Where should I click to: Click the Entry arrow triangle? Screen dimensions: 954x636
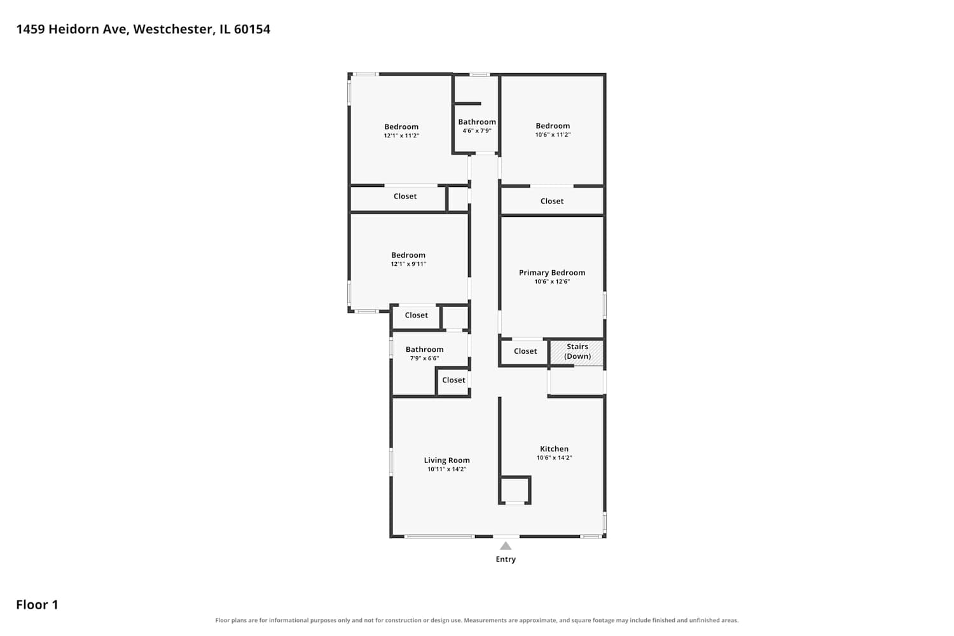click(506, 546)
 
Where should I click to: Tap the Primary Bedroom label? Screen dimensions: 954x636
click(552, 273)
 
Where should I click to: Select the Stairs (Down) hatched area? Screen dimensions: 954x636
click(577, 352)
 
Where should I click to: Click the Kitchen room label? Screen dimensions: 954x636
click(554, 448)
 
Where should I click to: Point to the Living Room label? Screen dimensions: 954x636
click(446, 460)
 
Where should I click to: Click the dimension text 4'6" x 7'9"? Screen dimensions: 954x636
click(477, 131)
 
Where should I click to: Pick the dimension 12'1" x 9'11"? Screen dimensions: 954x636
click(408, 264)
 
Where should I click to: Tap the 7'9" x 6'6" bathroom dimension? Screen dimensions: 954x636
click(425, 358)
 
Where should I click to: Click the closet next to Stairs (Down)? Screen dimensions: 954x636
click(525, 351)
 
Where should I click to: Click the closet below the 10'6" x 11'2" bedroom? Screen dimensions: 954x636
click(552, 201)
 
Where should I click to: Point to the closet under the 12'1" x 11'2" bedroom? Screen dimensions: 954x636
click(398, 198)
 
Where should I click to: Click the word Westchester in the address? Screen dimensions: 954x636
click(172, 29)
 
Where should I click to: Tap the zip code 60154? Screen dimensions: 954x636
click(252, 29)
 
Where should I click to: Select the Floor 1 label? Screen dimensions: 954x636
click(37, 604)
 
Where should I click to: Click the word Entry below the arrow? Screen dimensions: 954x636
click(506, 559)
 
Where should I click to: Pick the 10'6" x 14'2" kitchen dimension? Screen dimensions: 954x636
click(554, 457)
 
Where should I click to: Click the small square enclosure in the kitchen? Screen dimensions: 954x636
click(515, 490)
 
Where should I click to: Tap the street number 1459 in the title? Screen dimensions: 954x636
click(31, 29)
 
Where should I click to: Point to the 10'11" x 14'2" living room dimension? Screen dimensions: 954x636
click(446, 469)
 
